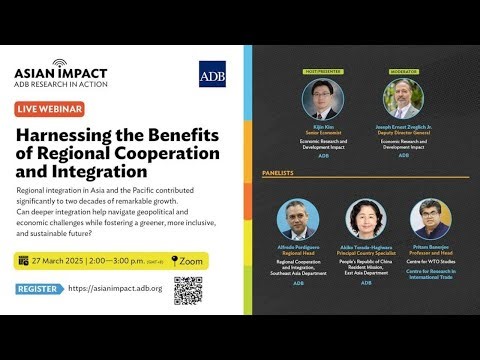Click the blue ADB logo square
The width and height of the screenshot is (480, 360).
(x=211, y=74)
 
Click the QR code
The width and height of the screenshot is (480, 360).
(x=188, y=290)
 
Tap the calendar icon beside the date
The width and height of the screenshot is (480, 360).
(x=23, y=260)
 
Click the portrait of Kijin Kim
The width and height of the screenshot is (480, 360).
(x=322, y=100)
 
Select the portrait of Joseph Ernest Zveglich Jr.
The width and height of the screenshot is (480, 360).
(x=403, y=100)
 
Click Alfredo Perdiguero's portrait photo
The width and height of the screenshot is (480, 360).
(x=298, y=219)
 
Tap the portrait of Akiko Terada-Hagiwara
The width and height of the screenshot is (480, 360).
(x=366, y=219)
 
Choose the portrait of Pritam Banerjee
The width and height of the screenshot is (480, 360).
(x=431, y=219)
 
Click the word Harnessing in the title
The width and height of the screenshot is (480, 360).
(x=66, y=137)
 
